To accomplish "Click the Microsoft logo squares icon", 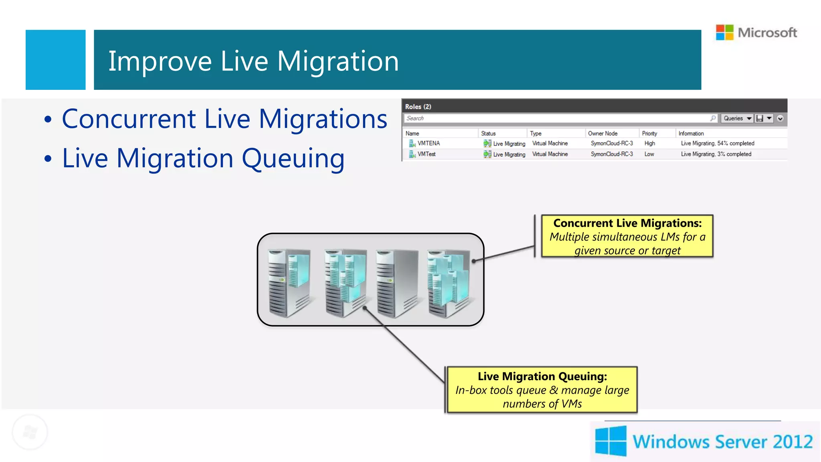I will [724, 32].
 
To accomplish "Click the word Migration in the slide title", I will [338, 61].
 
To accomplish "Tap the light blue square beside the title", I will [55, 60].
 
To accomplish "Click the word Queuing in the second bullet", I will [293, 159].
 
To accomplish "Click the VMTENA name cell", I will [429, 143].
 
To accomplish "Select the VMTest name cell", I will [426, 154].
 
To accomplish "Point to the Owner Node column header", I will [603, 134].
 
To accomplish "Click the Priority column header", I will [649, 134].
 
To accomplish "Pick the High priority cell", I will [649, 143].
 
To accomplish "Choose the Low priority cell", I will [649, 154].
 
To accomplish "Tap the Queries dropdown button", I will [737, 118].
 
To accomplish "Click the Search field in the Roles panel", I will [557, 118].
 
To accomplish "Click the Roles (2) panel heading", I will [418, 107].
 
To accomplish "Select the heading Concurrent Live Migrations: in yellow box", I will [627, 223].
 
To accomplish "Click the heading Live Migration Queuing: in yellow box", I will [542, 376].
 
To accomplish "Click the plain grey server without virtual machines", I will [396, 283].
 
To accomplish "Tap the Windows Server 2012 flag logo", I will [611, 441].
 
